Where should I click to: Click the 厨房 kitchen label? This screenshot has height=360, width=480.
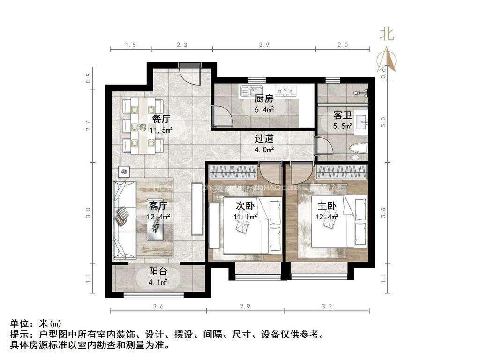(x=263, y=99)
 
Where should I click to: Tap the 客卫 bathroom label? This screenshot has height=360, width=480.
(x=342, y=115)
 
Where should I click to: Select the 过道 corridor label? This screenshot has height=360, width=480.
(x=264, y=139)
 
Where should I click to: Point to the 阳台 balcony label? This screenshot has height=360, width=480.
(x=158, y=271)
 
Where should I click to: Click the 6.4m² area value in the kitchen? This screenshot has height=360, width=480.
(x=264, y=109)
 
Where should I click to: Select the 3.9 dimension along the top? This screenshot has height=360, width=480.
(x=264, y=45)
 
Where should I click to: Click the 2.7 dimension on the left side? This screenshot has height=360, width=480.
(x=88, y=126)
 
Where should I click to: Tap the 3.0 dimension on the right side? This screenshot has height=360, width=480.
(x=383, y=121)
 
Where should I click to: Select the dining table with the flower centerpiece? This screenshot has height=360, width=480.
(x=142, y=126)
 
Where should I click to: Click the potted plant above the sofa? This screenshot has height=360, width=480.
(x=124, y=172)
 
